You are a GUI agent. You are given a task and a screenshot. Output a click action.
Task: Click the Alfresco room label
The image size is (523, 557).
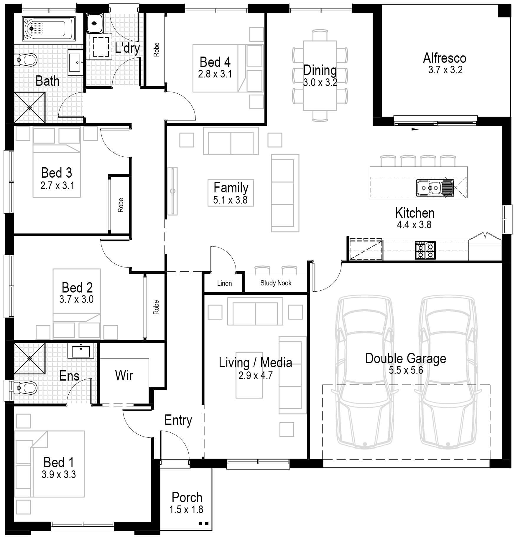click(445, 58)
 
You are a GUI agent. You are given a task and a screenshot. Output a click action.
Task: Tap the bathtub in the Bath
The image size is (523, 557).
click(49, 28)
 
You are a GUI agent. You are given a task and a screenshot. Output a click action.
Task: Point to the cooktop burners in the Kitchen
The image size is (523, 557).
click(425, 250)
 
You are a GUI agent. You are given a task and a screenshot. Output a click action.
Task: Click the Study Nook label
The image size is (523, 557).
click(276, 283)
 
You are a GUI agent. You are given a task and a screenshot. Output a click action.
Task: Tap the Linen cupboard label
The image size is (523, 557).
click(224, 283)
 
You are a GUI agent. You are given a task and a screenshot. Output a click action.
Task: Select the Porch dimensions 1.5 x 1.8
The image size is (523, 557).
click(186, 509)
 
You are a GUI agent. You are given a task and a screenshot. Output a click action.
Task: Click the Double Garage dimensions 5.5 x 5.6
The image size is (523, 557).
click(406, 370)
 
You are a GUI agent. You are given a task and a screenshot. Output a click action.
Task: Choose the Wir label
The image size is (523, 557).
click(124, 376)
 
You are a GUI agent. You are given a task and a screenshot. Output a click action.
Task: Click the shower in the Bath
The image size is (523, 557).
click(29, 108)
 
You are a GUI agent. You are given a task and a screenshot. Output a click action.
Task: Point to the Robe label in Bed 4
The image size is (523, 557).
click(156, 49)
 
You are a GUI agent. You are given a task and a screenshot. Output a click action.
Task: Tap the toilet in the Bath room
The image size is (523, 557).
click(27, 60)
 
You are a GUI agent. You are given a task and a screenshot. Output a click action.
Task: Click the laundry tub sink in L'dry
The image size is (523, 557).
click(94, 23)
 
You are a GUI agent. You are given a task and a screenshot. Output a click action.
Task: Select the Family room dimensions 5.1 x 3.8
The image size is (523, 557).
click(230, 200)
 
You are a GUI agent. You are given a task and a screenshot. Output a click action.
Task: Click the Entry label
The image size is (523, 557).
click(178, 420)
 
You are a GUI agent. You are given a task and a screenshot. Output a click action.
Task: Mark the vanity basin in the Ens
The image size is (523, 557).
click(81, 351)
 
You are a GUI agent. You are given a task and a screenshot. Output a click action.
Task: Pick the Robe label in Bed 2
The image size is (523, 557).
click(156, 307)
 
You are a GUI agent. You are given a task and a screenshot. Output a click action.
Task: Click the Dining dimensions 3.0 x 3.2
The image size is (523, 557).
click(320, 82)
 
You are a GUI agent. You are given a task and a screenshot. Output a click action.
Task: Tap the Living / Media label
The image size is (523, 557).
click(255, 363)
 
